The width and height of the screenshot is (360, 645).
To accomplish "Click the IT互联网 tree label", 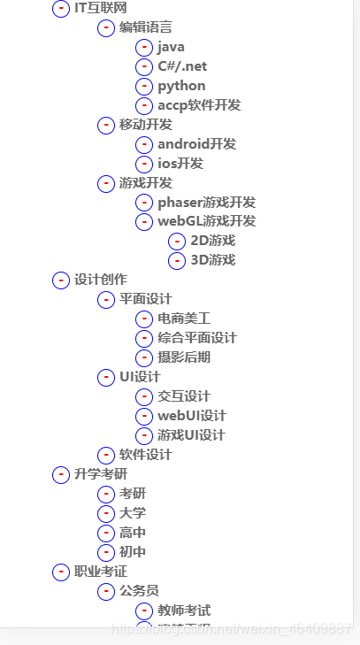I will (95, 8).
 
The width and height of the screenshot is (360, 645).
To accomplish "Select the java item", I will (171, 47).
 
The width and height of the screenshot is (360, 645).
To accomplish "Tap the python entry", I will (181, 86).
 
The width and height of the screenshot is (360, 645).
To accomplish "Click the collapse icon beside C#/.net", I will (144, 66).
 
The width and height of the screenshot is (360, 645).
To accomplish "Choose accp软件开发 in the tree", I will (199, 105).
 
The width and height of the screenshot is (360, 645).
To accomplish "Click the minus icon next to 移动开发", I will (106, 125).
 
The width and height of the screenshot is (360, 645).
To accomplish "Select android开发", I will (196, 144).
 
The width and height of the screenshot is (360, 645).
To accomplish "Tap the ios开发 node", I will (180, 164).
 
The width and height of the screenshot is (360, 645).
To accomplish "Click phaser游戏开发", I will (206, 203).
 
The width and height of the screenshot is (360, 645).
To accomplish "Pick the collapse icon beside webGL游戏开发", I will (144, 222).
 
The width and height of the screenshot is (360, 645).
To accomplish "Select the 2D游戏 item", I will (212, 241).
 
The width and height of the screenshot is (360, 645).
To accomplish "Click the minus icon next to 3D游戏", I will (177, 260).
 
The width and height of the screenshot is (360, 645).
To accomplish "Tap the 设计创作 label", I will (101, 280).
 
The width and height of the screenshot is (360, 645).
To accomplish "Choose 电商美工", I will (184, 319).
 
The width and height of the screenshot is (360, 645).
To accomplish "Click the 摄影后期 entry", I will (184, 357).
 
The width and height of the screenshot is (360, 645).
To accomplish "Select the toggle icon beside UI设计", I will (106, 378).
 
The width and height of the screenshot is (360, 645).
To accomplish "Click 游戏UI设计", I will (191, 435).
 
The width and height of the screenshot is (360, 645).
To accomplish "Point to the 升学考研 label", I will (101, 474).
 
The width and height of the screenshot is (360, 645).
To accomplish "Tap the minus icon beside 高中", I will (106, 533).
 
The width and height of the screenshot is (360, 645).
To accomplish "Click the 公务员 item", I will (139, 591).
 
